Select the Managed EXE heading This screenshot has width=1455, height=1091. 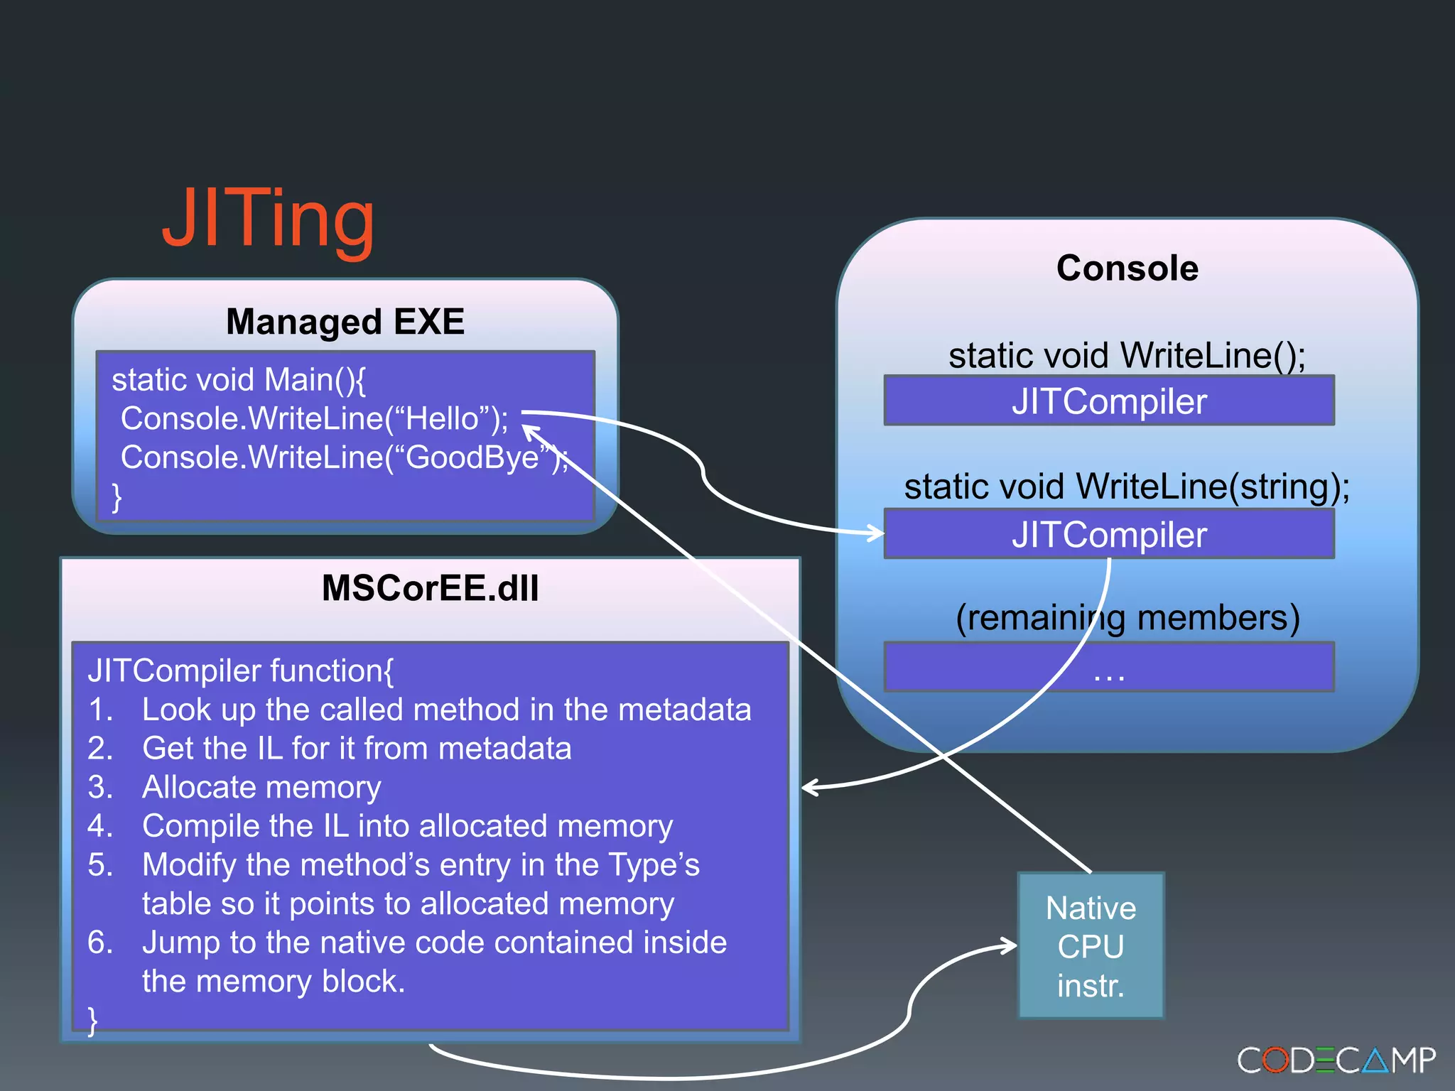pos(345,322)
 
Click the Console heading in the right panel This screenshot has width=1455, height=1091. pos(1127,268)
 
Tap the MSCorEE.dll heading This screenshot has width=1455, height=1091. pos(430,588)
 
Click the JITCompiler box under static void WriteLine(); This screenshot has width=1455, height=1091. pos(1108,401)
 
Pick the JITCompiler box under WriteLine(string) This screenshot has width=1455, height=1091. pos(1108,534)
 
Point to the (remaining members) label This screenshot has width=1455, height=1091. pos(1127,617)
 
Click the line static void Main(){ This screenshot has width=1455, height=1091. pos(239,380)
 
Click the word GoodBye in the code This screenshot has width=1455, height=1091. pos(472,457)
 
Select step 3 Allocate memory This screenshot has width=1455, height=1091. pos(261,787)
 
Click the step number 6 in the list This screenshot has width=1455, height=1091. pos(100,943)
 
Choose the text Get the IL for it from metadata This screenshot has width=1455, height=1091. pos(357,749)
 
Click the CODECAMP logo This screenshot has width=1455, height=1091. pos(1336,1060)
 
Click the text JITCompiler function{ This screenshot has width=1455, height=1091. pos(240,671)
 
